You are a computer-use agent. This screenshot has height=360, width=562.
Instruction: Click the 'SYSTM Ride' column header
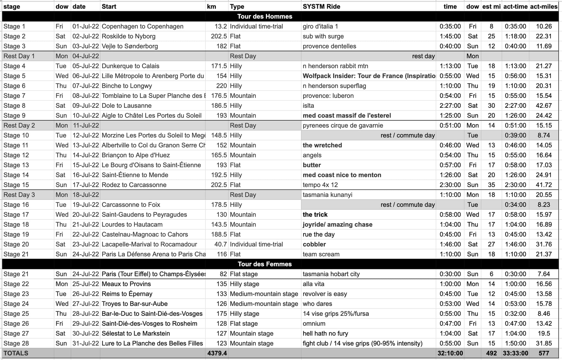click(x=321, y=6)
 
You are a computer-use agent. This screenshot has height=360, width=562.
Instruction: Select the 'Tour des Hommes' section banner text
click(x=265, y=16)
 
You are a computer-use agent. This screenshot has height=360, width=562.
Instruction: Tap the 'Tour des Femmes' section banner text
click(x=265, y=264)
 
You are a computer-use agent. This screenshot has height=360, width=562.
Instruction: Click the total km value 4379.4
click(x=217, y=353)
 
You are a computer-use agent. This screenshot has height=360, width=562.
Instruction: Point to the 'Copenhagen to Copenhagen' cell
click(x=143, y=26)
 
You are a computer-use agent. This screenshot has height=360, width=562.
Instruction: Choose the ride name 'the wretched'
click(x=322, y=145)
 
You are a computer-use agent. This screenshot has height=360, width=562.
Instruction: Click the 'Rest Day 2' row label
click(x=19, y=125)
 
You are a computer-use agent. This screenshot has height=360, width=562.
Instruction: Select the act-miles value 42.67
click(x=544, y=105)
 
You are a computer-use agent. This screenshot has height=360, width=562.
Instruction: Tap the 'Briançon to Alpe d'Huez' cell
click(x=136, y=155)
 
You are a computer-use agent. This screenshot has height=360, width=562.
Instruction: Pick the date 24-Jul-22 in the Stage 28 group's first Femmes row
click(x=85, y=274)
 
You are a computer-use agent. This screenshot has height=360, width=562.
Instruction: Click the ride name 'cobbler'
click(x=314, y=244)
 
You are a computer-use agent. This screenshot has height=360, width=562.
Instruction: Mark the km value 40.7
click(x=220, y=244)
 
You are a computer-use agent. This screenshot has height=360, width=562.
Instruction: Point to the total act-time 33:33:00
click(x=515, y=353)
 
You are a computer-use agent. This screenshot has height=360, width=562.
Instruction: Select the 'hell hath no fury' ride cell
click(x=325, y=333)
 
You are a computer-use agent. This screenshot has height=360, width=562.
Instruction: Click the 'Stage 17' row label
click(x=16, y=214)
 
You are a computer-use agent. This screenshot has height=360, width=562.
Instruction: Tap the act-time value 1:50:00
click(x=515, y=343)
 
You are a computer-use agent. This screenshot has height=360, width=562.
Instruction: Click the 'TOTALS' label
click(x=16, y=353)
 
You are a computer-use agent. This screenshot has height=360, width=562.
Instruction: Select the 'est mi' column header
click(x=491, y=6)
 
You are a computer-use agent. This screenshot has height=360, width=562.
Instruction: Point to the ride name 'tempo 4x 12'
click(x=320, y=185)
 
